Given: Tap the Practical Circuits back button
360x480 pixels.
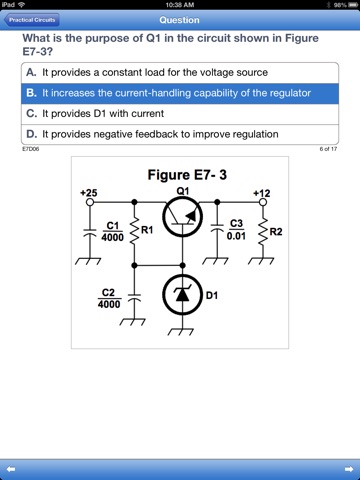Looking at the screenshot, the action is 32,20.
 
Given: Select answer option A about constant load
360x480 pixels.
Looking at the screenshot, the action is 180,73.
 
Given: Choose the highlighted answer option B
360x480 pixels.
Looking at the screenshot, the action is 180,93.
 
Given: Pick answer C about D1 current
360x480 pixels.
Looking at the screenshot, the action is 180,114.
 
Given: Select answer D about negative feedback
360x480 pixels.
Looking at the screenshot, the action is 180,134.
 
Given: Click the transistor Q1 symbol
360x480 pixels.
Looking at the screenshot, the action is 182,217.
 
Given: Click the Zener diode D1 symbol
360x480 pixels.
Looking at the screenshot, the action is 182,295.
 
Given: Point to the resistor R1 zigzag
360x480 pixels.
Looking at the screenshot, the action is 134,230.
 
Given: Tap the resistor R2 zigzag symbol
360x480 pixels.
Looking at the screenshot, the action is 263,231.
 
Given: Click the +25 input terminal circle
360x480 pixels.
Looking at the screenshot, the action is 90,202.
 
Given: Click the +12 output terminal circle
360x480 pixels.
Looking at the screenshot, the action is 263,202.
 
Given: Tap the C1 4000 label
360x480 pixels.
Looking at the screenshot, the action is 113,232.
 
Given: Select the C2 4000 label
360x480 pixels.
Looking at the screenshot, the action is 109,298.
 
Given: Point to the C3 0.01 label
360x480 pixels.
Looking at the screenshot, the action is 236,230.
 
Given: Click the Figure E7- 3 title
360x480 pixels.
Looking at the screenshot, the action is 187,175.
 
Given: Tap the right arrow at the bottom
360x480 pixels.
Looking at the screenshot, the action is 349,469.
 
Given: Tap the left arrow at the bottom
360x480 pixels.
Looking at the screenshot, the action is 11,469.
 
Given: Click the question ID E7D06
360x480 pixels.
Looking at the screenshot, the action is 31,149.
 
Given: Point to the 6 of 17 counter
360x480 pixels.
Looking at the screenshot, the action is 328,149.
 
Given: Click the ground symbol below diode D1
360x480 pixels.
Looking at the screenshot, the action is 180,332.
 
